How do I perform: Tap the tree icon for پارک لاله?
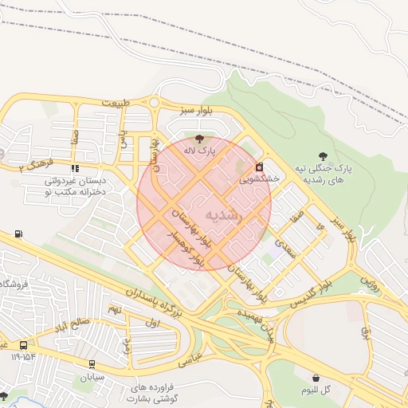(x=198, y=139)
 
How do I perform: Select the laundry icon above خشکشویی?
(x=259, y=168)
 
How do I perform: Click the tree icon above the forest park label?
(x=323, y=156)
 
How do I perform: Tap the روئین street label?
(x=367, y=281)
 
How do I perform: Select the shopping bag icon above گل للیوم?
(x=316, y=378)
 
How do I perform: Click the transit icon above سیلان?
(x=92, y=364)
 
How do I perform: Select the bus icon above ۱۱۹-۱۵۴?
(x=24, y=346)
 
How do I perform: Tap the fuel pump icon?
(x=18, y=235)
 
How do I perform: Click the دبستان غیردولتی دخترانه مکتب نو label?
(x=80, y=186)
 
